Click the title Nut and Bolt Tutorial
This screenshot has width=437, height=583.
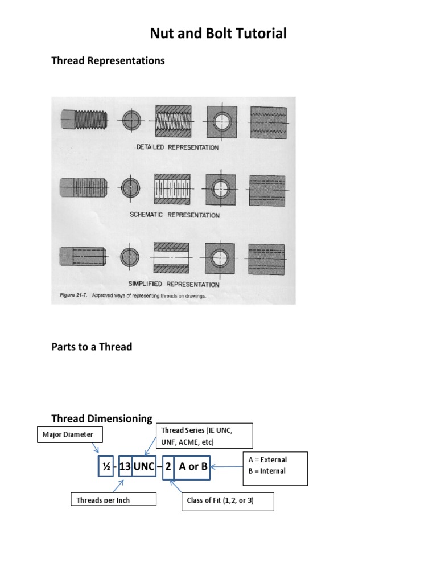click(218, 34)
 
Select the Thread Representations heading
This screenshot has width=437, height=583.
click(108, 60)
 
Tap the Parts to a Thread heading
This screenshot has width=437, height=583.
click(92, 347)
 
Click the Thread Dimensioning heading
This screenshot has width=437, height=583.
click(102, 419)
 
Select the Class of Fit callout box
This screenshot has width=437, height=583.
click(228, 502)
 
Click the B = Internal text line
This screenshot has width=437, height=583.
click(266, 471)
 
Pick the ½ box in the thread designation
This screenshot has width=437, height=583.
click(105, 467)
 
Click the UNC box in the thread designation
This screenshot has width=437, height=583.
click(144, 467)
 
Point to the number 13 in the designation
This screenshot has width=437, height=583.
click(125, 467)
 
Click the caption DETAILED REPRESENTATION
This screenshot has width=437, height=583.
click(178, 147)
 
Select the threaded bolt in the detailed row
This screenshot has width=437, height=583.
click(85, 120)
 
